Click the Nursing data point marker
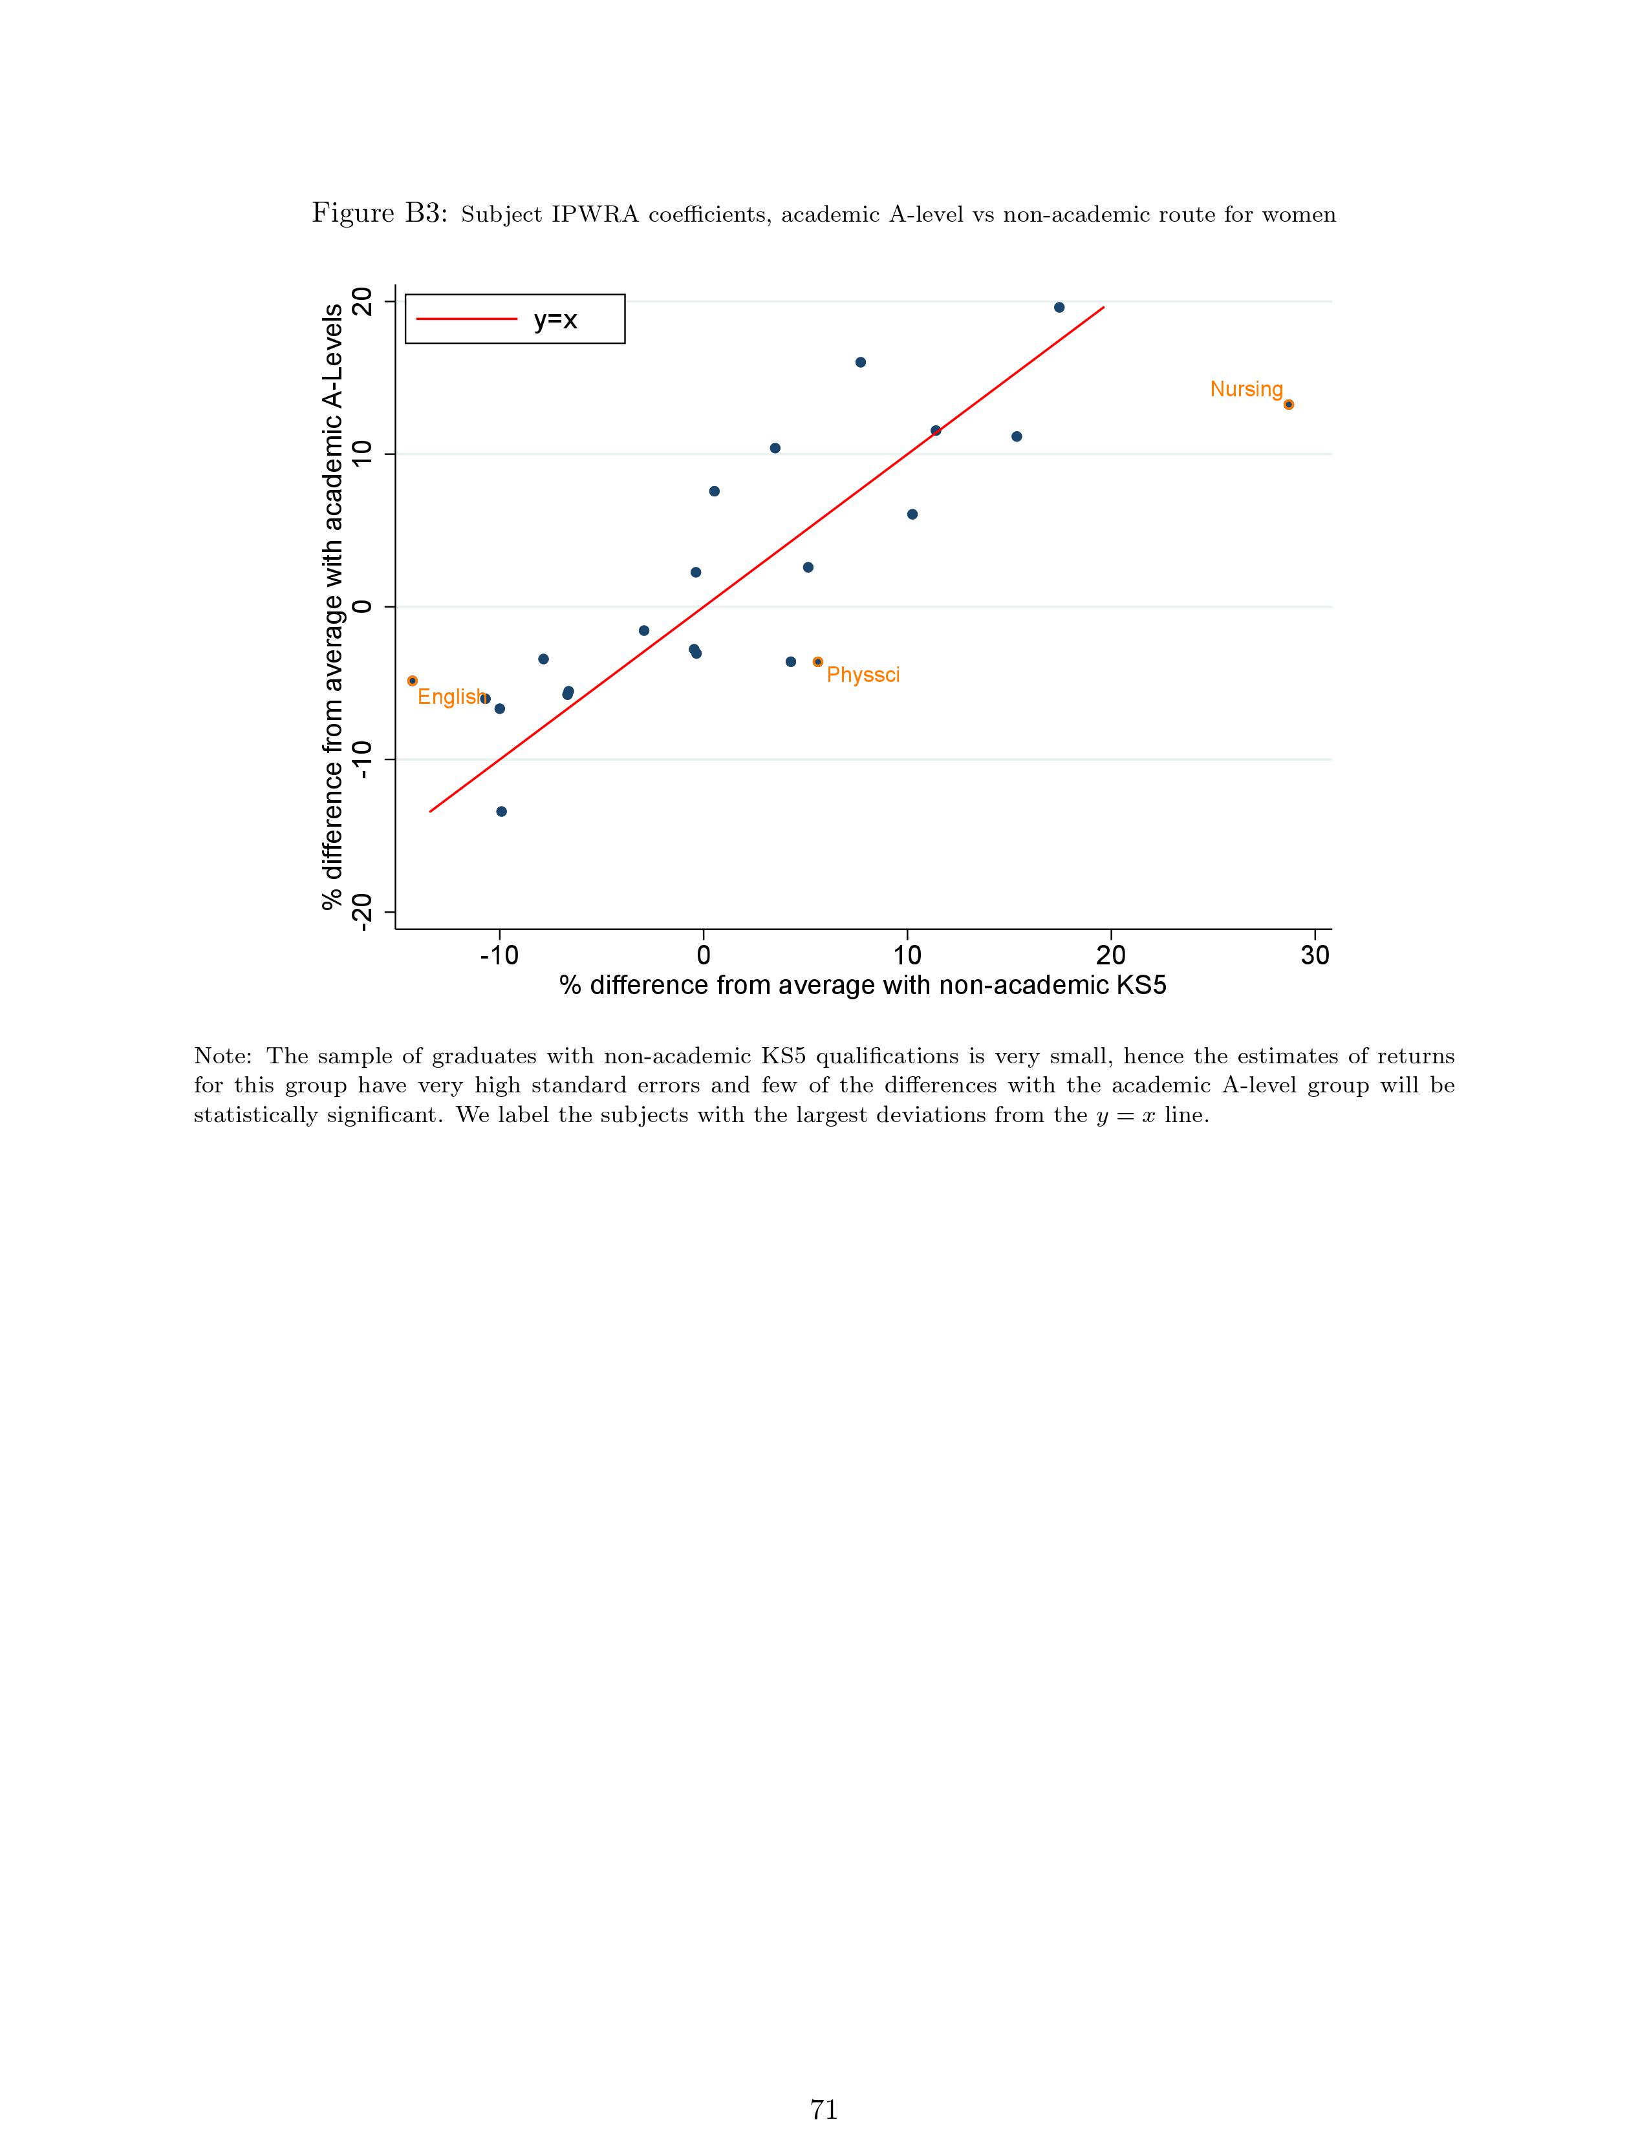[1289, 405]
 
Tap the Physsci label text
[863, 675]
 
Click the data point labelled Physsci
[817, 661]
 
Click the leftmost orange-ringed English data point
[413, 681]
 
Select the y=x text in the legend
[555, 319]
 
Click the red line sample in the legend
[466, 319]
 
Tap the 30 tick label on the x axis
[1315, 955]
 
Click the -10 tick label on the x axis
[499, 955]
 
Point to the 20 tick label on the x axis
[1111, 955]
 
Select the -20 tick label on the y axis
[363, 912]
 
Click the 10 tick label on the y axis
[363, 454]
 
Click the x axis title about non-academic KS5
[863, 984]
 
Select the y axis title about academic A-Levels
[334, 606]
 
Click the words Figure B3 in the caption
[379, 213]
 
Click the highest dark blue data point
[1059, 308]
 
